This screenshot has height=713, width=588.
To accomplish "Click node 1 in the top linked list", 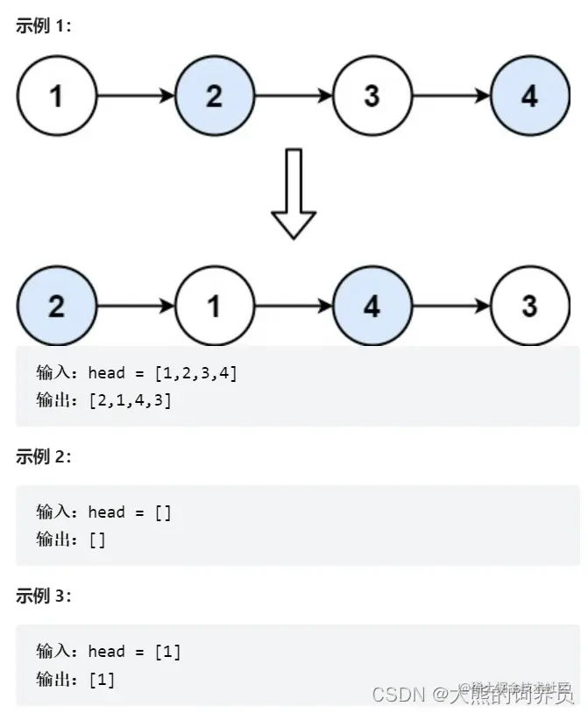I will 56,95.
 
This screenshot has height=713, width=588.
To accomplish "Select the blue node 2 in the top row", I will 214,95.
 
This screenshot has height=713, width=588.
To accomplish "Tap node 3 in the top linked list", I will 372,95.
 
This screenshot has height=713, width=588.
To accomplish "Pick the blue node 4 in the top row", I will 529,95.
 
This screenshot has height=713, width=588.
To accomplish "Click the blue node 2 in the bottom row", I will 56,307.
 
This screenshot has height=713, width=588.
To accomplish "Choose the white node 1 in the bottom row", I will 214,307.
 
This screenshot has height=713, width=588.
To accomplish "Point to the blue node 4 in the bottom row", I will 372,307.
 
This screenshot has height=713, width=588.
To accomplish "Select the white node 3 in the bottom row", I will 529,307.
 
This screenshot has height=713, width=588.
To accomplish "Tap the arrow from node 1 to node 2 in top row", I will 135,95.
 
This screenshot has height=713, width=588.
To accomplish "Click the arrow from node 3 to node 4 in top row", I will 450,95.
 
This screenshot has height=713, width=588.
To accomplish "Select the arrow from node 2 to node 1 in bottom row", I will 135,307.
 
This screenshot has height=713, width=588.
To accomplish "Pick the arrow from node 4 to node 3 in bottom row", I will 450,307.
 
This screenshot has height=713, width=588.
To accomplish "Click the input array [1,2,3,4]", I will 195,373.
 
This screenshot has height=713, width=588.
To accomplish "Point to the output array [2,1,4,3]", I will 130,400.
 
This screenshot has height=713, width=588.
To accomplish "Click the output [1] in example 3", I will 102,679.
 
